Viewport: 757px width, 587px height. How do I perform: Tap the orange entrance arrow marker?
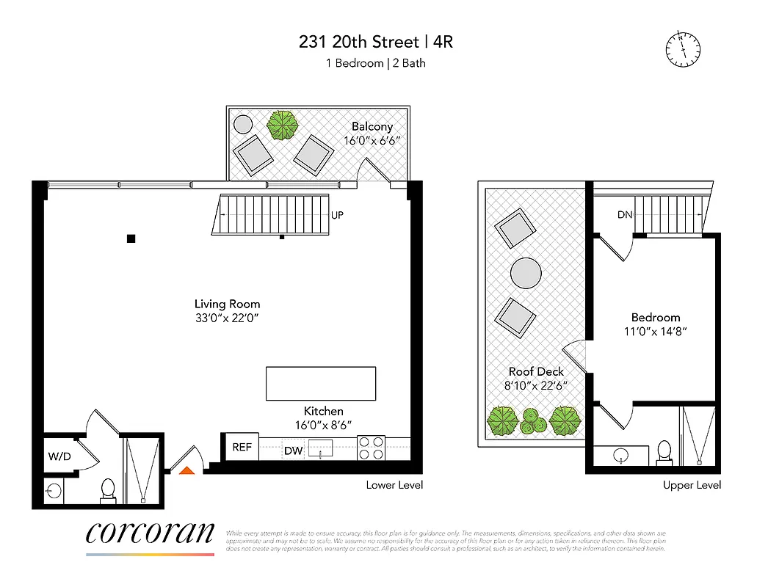point(187,470)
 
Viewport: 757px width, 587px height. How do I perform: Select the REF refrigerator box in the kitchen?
point(242,447)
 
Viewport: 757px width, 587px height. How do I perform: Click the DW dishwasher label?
point(293,451)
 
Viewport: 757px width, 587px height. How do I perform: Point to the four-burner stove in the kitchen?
point(371,448)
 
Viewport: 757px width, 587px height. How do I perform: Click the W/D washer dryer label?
point(60,456)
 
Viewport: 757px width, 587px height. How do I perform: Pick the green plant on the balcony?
point(283,125)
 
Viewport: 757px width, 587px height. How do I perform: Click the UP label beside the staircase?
point(338,216)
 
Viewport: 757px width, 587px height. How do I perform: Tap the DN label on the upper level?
point(625,214)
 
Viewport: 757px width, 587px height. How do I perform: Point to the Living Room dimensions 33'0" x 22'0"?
point(227,318)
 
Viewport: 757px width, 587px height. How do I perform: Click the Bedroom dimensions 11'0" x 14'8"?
point(655,331)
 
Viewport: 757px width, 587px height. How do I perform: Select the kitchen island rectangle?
point(320,383)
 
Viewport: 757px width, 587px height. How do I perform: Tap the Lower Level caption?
point(395,485)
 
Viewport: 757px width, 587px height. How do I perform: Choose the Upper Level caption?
point(691,485)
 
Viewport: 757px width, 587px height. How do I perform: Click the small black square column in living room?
point(131,238)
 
